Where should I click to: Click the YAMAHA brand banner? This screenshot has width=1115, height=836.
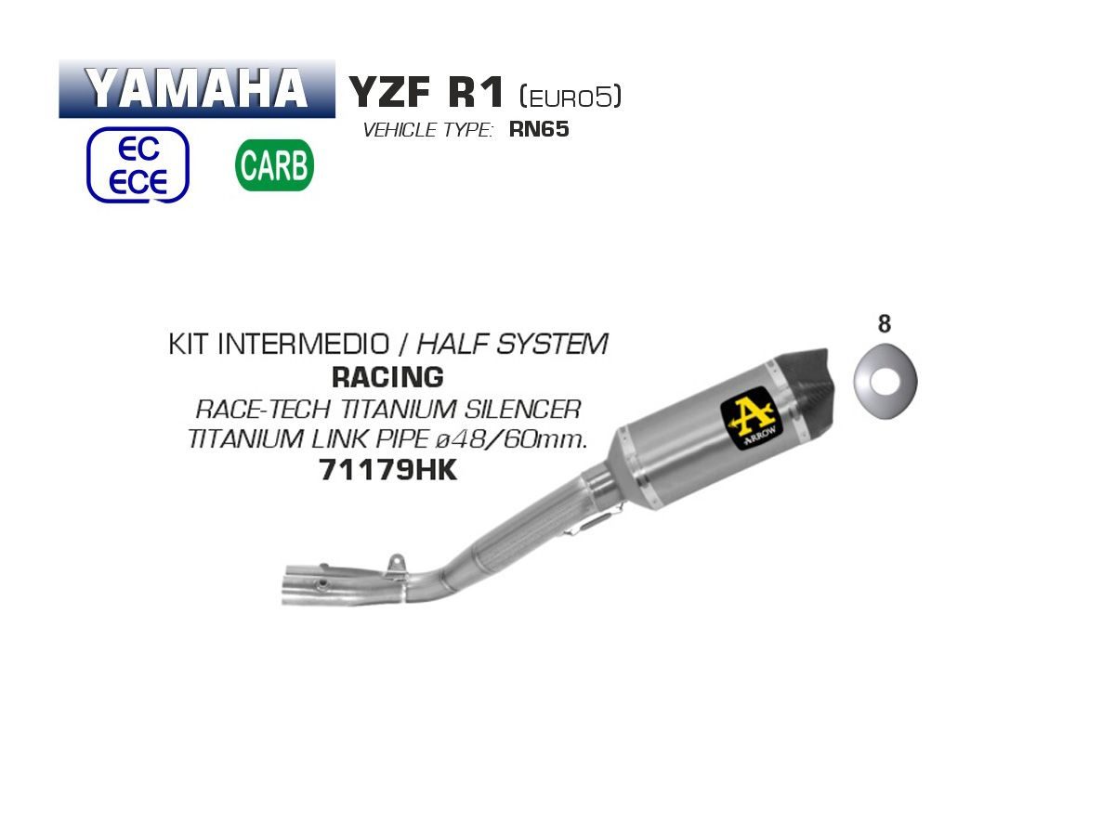pyautogui.click(x=197, y=89)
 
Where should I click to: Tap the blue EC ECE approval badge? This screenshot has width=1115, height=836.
pyautogui.click(x=138, y=164)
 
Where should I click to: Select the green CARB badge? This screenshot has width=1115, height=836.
pyautogui.click(x=274, y=165)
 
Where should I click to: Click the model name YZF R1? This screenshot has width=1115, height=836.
pyautogui.click(x=426, y=92)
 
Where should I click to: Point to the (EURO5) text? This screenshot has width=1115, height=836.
pyautogui.click(x=570, y=96)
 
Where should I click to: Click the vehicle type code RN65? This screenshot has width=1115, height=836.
pyautogui.click(x=538, y=129)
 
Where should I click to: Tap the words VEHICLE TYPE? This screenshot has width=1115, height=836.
pyautogui.click(x=428, y=130)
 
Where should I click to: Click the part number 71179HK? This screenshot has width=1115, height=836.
pyautogui.click(x=388, y=470)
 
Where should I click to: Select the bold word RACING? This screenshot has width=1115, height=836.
pyautogui.click(x=387, y=377)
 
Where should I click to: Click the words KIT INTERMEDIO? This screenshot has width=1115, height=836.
pyautogui.click(x=279, y=344)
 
